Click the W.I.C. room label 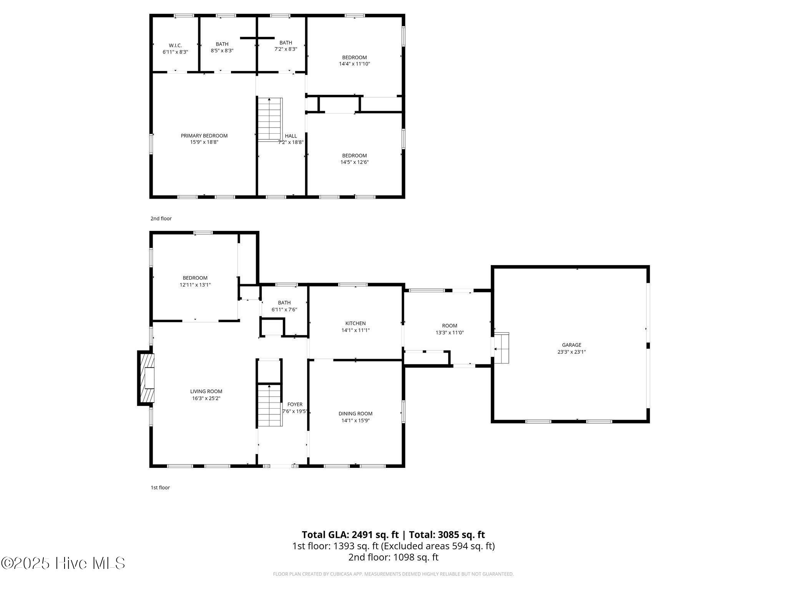click(x=175, y=45)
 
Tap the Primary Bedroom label click(x=204, y=136)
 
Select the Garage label click(x=572, y=345)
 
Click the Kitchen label click(x=355, y=323)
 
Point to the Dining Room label click(x=355, y=414)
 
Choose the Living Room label click(x=206, y=391)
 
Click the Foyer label click(x=295, y=404)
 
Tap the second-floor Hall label click(x=291, y=136)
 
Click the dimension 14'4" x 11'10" click(x=354, y=64)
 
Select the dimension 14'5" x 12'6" click(x=354, y=162)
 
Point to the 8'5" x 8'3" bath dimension click(x=222, y=50)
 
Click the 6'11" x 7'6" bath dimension click(x=284, y=309)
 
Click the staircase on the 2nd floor click(x=270, y=119)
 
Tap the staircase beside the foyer click(x=270, y=405)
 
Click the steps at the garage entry click(x=501, y=348)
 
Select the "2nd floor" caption click(x=161, y=219)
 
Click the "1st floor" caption click(x=160, y=487)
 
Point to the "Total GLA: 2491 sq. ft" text click(x=350, y=535)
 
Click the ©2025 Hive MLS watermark click(x=63, y=563)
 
